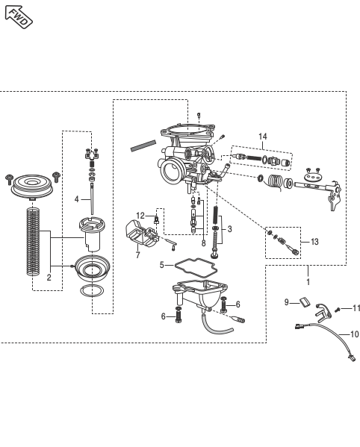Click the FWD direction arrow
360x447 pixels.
tap(19, 16)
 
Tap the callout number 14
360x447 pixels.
tap(263, 137)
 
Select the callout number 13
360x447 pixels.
tap(314, 242)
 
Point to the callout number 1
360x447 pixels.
tap(308, 282)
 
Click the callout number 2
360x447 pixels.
tap(49, 278)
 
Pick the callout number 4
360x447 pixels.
tap(76, 199)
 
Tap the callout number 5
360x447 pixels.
tap(162, 265)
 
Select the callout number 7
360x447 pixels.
tap(137, 254)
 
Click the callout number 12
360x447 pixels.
tap(140, 216)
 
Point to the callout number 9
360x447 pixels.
tap(286, 302)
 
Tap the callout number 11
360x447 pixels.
tap(356, 308)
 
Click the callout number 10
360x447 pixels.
tap(354, 334)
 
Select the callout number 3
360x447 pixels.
tap(229, 229)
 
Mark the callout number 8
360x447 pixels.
tap(203, 243)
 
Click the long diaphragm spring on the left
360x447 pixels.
tap(33, 242)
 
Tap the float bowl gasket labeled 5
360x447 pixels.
tap(196, 266)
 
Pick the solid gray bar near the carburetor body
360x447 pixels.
tap(143, 146)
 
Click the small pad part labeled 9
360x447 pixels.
tap(305, 302)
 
